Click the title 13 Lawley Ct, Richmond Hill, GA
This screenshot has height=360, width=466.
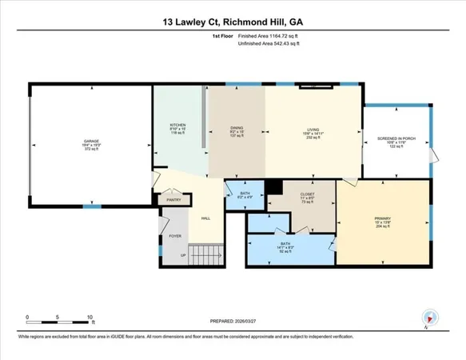click(233, 24)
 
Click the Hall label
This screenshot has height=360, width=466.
click(205, 218)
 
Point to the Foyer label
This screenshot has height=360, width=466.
click(173, 236)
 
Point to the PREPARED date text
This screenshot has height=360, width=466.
click(233, 323)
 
